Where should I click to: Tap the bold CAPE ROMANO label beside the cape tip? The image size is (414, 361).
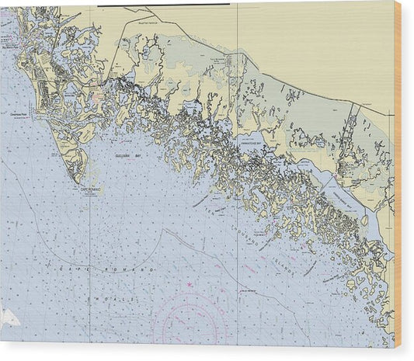pos(92,189)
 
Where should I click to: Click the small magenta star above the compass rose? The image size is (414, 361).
pos(190,288)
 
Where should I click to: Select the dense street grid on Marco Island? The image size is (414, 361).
pos(43,78)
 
